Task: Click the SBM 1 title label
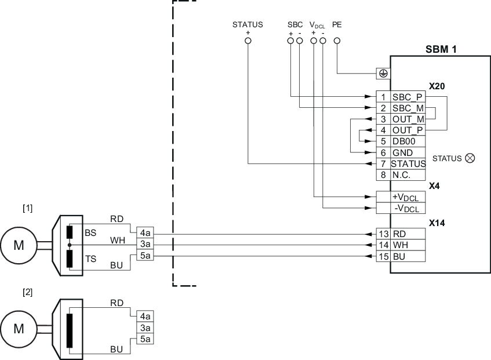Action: coord(441,49)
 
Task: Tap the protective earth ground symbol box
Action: coord(383,74)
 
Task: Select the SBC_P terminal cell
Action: coord(408,97)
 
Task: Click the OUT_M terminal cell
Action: coord(408,119)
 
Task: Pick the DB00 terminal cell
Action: coord(408,141)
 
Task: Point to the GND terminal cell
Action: coord(408,152)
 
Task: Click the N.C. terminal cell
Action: coord(408,174)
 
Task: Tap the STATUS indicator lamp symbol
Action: coord(470,158)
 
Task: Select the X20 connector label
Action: coord(437,86)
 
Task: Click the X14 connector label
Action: coord(437,223)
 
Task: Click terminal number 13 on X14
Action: coord(383,234)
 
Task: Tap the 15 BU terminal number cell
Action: coord(383,256)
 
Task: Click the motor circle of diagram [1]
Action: coord(19,245)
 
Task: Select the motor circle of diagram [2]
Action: coord(19,329)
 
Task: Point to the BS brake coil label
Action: coord(90,232)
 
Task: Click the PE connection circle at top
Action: coord(336,41)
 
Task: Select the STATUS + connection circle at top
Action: coord(248,41)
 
